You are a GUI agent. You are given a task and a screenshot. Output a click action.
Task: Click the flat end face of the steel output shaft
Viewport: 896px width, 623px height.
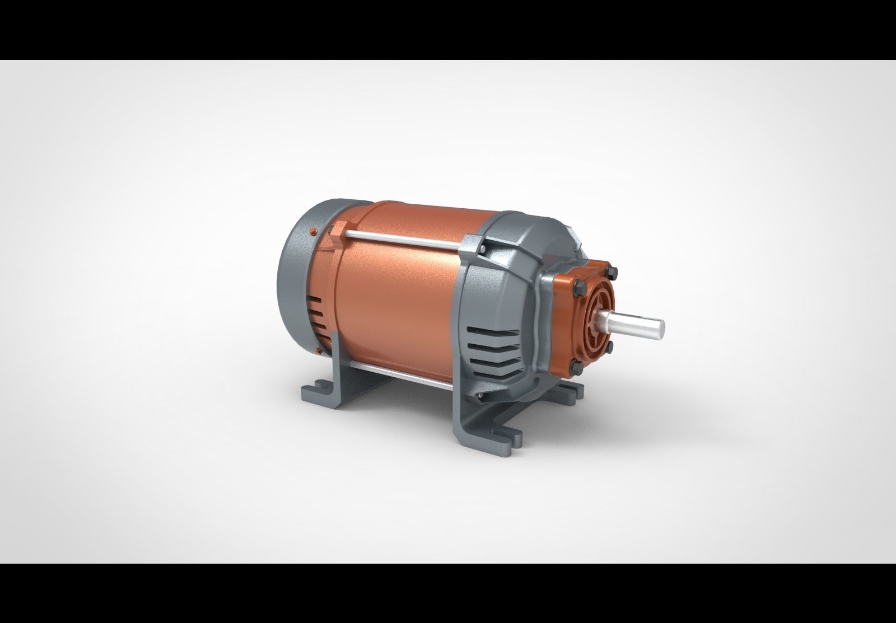tap(661, 326)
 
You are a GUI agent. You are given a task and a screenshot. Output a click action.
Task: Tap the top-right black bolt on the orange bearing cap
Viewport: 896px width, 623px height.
tap(613, 274)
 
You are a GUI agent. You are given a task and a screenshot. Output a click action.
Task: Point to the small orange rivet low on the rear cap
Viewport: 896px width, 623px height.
tap(318, 351)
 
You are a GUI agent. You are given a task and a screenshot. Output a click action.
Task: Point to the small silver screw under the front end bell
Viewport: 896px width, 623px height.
tap(480, 397)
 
